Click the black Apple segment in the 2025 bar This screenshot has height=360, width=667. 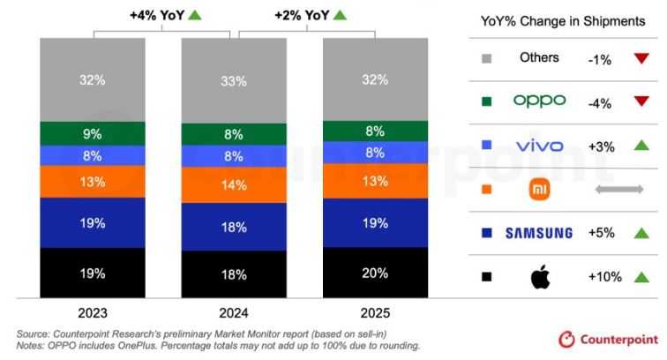point(375,273)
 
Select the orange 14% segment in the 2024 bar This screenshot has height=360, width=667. point(234,184)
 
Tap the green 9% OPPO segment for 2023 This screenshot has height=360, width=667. point(93,133)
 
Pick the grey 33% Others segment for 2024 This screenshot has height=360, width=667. point(234,81)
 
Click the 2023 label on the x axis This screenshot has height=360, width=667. point(93,313)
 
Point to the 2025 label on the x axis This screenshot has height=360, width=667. point(375,313)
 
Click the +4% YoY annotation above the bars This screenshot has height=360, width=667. point(157,16)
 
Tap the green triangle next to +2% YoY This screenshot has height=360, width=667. point(340,15)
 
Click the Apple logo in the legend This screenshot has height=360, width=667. point(540,276)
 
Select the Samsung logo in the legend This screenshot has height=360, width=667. point(539,233)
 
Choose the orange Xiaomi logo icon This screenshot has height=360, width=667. point(539,190)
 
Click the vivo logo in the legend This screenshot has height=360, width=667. point(539,146)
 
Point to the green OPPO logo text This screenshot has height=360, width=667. point(539,101)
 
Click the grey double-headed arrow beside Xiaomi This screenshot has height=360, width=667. point(619,190)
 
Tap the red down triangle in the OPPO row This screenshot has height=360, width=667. point(641,101)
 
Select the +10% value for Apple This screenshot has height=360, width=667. point(605,277)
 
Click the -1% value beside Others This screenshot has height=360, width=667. point(600,60)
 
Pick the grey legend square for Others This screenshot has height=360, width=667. point(487,59)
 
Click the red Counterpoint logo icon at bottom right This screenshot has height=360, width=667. point(566,340)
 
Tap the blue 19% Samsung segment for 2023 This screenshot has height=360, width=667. point(93,222)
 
